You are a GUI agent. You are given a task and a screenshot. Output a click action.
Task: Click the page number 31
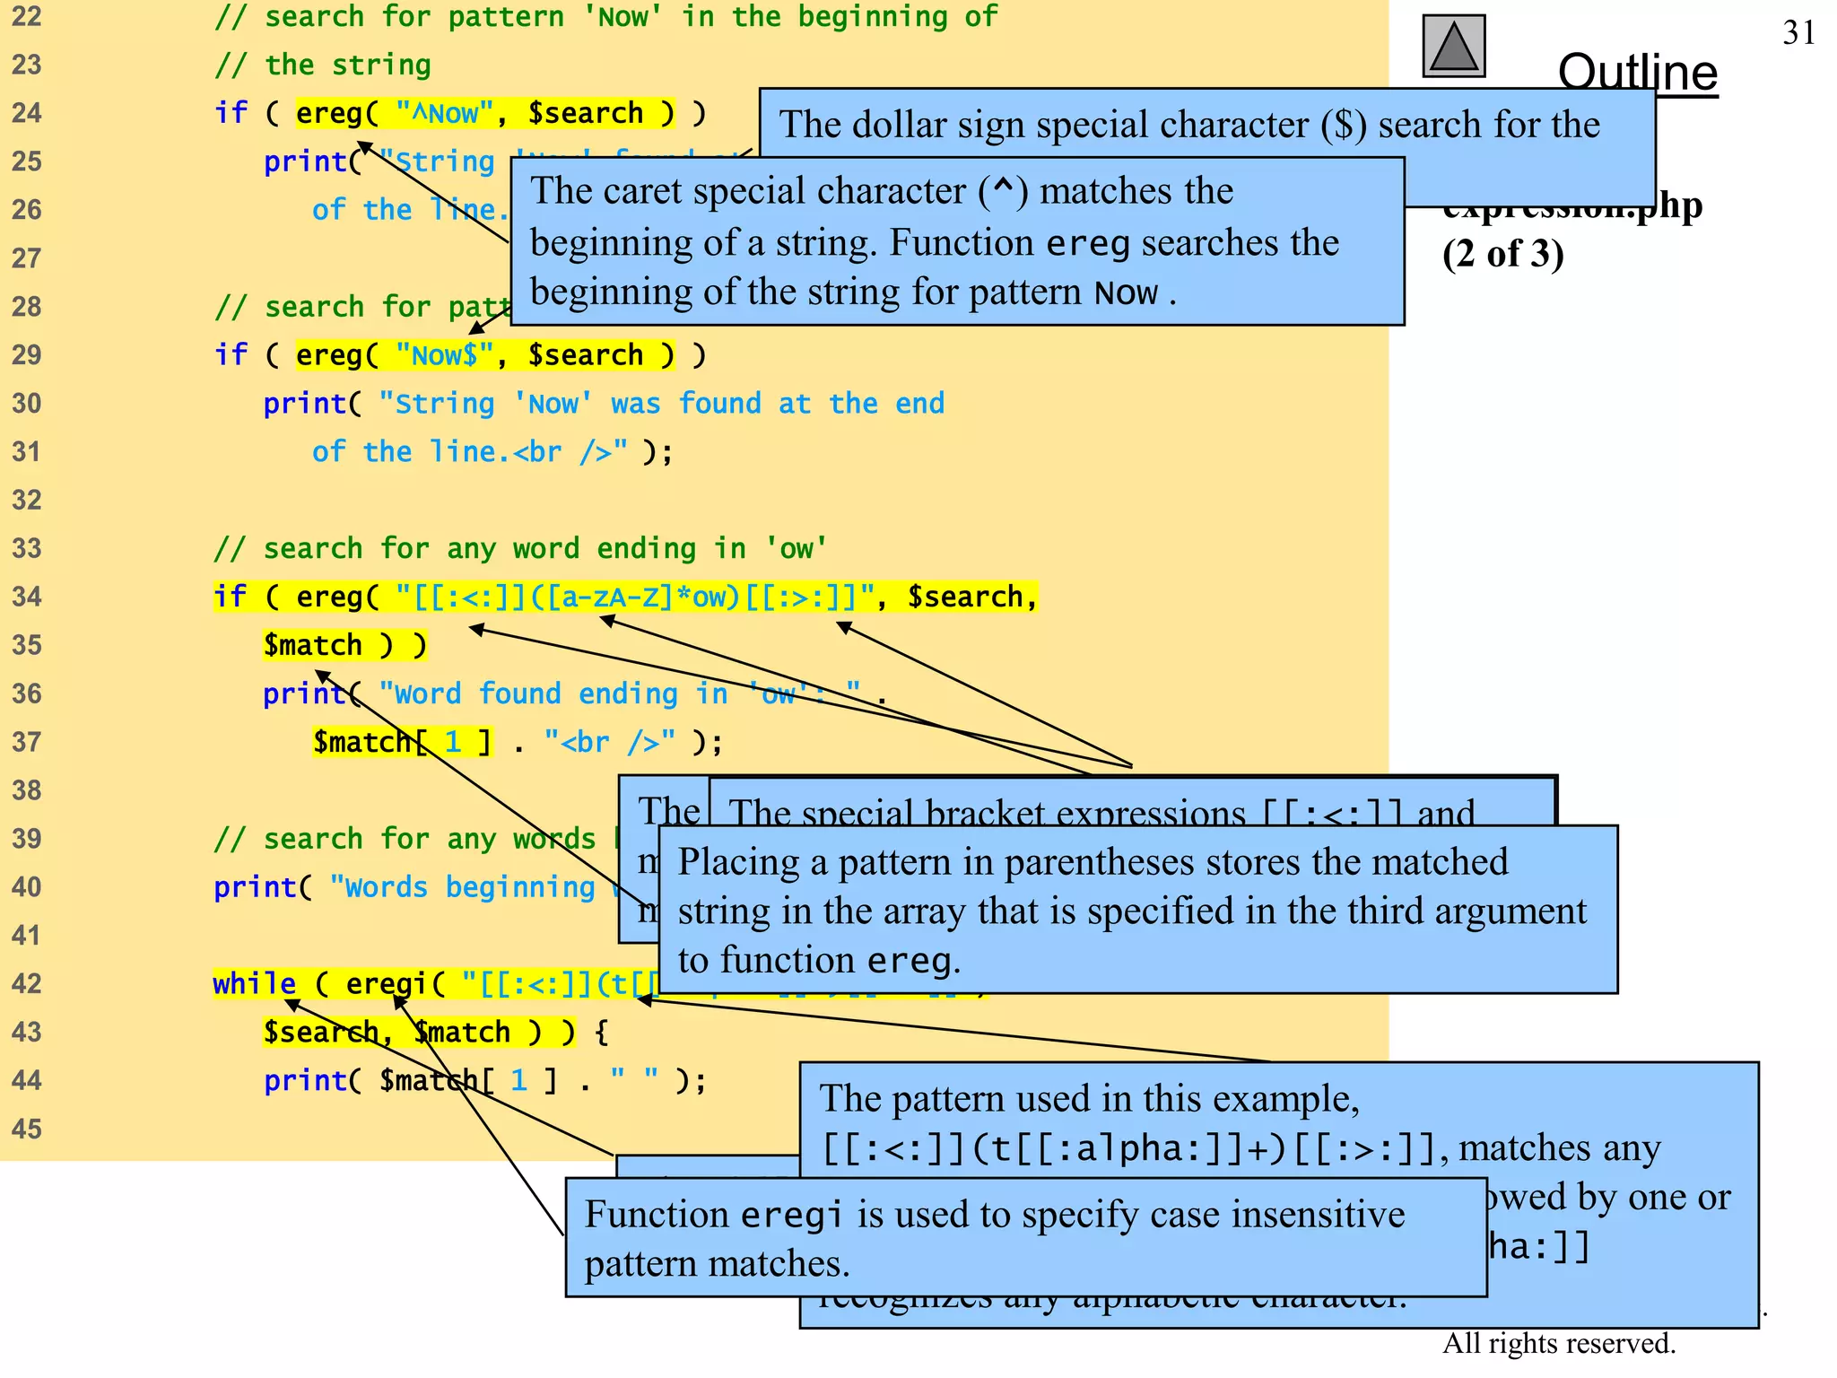1798,33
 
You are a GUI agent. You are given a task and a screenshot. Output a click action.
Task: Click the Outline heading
1637,72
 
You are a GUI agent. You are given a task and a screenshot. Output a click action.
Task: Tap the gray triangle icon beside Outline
1453,47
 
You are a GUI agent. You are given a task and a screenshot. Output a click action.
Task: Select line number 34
27,597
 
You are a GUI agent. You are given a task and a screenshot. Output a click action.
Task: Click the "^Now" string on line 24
444,114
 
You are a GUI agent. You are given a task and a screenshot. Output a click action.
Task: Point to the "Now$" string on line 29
444,355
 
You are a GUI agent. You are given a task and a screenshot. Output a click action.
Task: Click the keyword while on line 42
254,984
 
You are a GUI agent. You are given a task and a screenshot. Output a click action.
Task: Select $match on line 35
312,645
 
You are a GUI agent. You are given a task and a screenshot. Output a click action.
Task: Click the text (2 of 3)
1502,254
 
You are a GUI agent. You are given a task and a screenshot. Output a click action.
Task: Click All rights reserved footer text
1558,1343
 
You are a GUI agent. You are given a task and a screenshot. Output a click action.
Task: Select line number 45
27,1129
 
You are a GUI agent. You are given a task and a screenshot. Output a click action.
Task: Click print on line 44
305,1081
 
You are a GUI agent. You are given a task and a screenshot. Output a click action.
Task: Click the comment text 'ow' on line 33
796,548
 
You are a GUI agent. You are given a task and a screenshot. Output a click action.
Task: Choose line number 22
27,17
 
